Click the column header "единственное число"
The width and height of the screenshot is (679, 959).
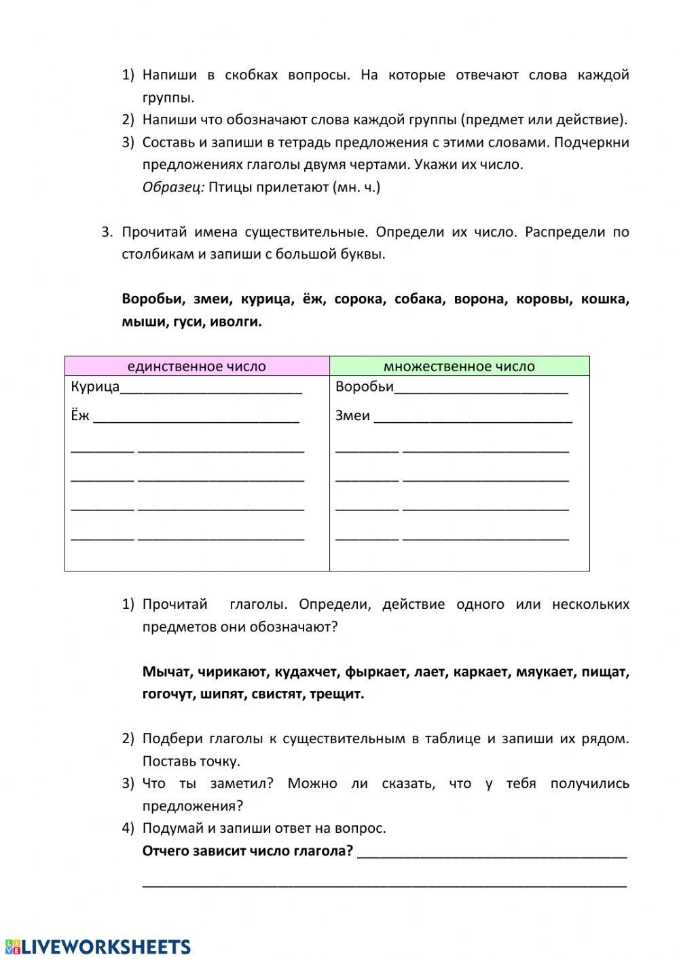(x=196, y=366)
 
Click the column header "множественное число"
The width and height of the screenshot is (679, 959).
(x=459, y=366)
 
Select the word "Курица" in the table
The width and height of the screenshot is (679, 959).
(x=95, y=387)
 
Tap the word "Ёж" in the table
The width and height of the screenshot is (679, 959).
(x=80, y=415)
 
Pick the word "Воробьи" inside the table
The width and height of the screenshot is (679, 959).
(x=364, y=387)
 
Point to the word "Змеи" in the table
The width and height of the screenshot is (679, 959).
(x=352, y=415)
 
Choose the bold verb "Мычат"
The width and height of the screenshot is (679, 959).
(x=166, y=672)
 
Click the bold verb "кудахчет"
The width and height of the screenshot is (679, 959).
(x=306, y=672)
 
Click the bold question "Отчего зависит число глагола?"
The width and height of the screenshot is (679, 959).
(x=247, y=851)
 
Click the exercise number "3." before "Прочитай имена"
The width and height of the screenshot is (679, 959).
(x=107, y=232)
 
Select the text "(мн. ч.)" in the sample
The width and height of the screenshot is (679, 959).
(x=356, y=187)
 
